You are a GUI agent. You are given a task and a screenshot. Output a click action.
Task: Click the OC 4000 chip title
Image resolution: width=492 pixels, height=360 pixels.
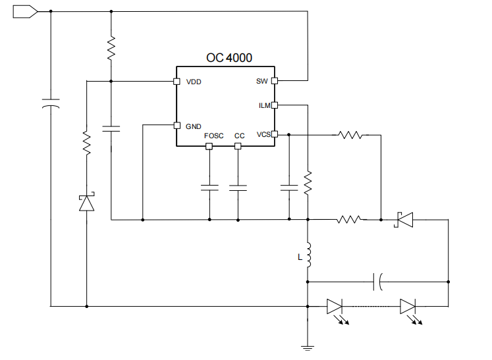pos(229,58)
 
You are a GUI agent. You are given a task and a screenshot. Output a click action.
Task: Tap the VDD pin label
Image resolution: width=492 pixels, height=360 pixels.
pos(194,82)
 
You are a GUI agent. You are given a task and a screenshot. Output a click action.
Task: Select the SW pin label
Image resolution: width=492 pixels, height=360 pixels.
pos(261,82)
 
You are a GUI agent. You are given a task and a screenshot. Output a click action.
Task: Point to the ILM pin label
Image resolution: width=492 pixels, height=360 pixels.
pos(263,105)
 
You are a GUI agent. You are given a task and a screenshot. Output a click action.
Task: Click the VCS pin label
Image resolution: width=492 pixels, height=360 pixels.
pos(263,134)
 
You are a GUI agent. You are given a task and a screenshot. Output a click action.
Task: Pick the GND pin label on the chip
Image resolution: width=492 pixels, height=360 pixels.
pos(194,126)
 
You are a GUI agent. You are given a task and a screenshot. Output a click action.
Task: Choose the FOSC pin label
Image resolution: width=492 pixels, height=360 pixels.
pos(213,136)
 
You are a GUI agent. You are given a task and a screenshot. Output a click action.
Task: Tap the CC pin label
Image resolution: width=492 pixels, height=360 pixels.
pos(239,136)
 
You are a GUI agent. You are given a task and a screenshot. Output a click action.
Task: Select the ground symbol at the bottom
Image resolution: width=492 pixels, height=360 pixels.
pos(308,346)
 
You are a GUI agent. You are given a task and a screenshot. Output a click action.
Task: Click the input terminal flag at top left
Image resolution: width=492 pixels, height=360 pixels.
pos(24,11)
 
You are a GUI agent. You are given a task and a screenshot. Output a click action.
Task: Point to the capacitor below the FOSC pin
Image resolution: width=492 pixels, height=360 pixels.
pos(209,188)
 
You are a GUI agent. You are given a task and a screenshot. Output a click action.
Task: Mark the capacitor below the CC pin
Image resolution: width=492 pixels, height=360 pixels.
pos(238,188)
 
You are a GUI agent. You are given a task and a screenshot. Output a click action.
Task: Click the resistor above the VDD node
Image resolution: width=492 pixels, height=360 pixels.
pos(111,47)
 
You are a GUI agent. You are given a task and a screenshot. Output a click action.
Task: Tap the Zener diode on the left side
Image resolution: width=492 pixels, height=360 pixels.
pos(86,203)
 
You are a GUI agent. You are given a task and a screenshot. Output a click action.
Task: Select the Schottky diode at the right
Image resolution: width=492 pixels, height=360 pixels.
pos(403,219)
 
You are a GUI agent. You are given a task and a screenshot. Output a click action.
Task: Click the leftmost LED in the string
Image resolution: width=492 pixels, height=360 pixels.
pos(335,306)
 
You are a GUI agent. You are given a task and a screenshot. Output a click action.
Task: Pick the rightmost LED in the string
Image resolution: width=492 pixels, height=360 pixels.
pos(408,306)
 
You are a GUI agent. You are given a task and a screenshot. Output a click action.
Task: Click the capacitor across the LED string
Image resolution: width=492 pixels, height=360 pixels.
pos(377,282)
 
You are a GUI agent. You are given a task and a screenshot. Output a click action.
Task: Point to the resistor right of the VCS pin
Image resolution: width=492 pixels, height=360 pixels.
pos(350,135)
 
